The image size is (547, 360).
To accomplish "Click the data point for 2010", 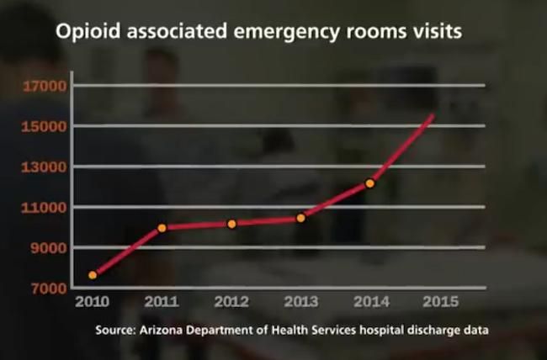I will point(93,275).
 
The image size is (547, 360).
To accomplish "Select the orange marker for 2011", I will point(162,228).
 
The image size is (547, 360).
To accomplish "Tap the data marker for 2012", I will point(231,224).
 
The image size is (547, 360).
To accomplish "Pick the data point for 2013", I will point(300,218).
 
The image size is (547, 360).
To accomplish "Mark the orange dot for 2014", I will point(369,183).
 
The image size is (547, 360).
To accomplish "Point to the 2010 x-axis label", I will point(93,301).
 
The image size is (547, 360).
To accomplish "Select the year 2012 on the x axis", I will point(231,301).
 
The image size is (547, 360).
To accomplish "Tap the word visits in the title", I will point(438,34).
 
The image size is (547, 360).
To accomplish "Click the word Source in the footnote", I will point(114,330).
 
